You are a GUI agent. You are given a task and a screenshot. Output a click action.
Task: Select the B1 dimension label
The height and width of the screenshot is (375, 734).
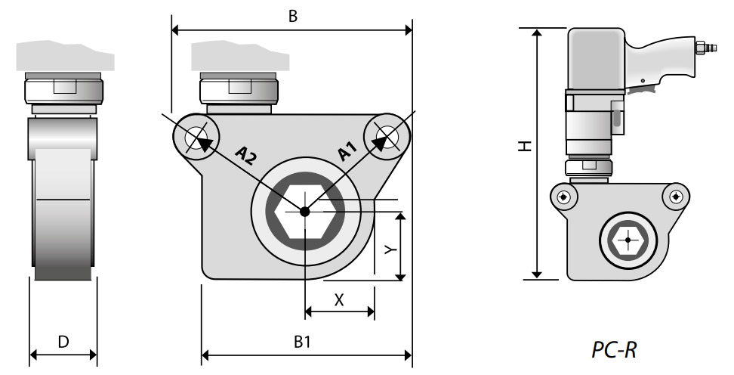[302, 342]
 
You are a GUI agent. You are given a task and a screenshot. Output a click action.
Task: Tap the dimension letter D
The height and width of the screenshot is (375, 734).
[63, 342]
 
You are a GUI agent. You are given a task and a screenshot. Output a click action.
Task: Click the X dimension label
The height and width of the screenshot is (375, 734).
[339, 299]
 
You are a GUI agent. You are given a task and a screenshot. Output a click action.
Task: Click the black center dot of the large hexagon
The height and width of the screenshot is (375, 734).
[304, 212]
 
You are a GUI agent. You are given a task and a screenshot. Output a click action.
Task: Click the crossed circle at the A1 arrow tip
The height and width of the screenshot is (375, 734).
[387, 137]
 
